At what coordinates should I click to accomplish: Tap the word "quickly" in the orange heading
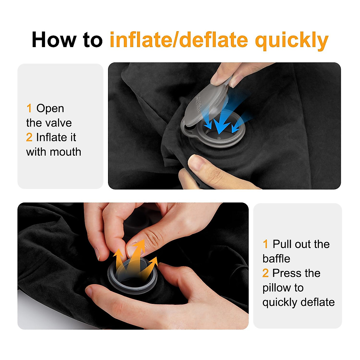point(292,40)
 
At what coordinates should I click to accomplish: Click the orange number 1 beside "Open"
point(29,108)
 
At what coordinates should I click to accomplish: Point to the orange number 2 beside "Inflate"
point(29,137)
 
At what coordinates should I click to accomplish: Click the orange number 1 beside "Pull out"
point(265,244)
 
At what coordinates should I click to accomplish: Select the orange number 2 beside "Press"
point(265,273)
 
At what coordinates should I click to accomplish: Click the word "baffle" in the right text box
point(276,259)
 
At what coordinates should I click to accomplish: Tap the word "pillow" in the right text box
point(276,288)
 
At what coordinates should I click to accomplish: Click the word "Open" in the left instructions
point(50,108)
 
